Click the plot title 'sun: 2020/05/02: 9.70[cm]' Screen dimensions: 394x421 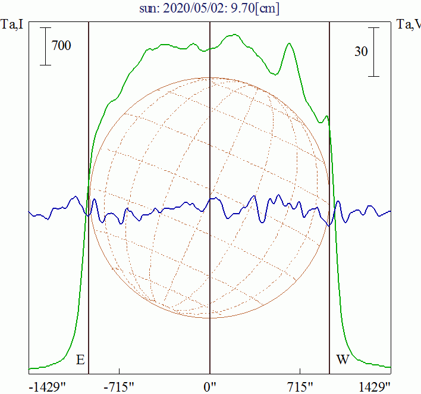tap(210, 8)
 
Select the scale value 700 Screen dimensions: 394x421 tap(61, 45)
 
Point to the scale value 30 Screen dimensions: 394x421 tap(361, 52)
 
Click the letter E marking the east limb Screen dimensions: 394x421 tap(80, 360)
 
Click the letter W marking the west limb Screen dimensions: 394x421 tap(343, 360)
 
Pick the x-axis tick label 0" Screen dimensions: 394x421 tap(210, 387)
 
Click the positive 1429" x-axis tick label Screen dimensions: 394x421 tap(375, 387)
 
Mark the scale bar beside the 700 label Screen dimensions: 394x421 tap(46, 46)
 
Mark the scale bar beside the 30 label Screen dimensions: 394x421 tap(373, 52)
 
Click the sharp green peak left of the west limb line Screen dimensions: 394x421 tap(290, 43)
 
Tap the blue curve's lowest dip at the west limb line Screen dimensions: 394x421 tap(329, 225)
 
